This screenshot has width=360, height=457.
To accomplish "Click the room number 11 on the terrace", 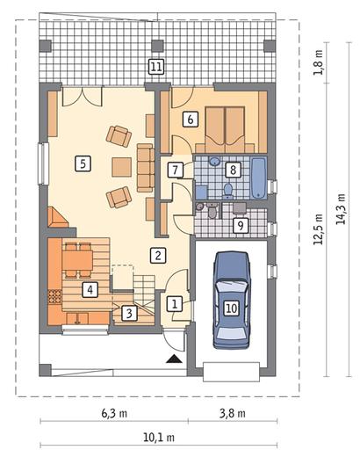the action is (x=156, y=67).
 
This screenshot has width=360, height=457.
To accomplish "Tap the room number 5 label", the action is (x=83, y=163).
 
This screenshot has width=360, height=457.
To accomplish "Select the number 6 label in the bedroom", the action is (x=191, y=120).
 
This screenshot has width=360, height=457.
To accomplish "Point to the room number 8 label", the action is (x=233, y=170).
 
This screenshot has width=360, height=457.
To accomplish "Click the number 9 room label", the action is (x=241, y=226).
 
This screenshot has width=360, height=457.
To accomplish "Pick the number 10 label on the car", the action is (x=231, y=308).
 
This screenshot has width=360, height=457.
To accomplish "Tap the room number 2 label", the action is (x=158, y=255).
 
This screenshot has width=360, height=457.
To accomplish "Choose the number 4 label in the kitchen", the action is (x=90, y=290).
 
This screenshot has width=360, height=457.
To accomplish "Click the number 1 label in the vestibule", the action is (x=175, y=303).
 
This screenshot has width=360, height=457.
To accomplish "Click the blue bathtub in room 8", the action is (x=259, y=178).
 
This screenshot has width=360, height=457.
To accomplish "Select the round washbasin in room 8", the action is (x=214, y=161).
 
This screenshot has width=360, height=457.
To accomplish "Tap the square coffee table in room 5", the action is (x=122, y=167).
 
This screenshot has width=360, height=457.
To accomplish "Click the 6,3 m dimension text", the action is (x=114, y=413).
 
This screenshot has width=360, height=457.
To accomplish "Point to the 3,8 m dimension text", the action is (x=233, y=413).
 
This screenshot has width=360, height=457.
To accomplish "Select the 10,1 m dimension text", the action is (x=159, y=438).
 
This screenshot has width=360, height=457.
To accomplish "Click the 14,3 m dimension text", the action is (x=341, y=209).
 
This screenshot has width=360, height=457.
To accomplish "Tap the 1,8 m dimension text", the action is (x=318, y=62).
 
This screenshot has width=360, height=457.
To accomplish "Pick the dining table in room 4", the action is (x=77, y=260).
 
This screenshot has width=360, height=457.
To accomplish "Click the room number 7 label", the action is (x=176, y=170).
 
